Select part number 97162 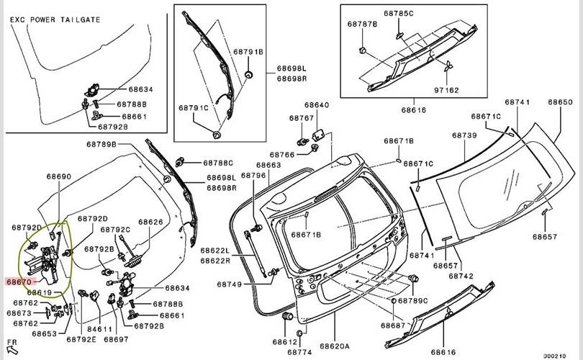(x=446, y=91)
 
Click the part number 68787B (x=363, y=24)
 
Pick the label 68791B (x=249, y=53)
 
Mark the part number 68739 (x=464, y=135)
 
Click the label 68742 (x=461, y=276)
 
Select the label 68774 (x=299, y=352)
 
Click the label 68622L (x=215, y=251)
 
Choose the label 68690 (x=59, y=176)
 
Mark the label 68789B (x=101, y=145)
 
